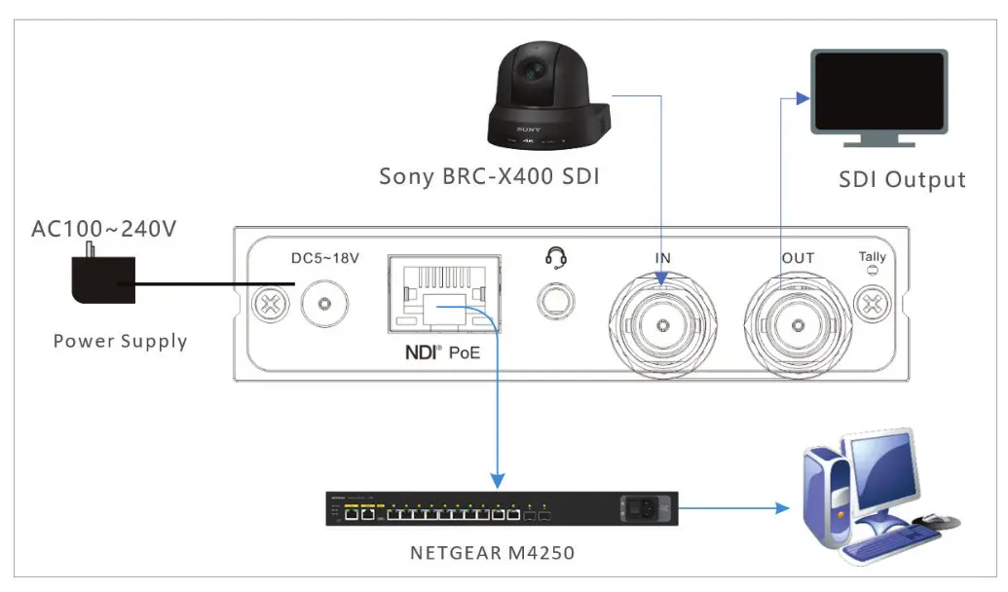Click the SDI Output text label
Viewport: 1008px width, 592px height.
[x=902, y=180]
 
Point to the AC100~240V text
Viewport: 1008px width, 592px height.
[x=103, y=230]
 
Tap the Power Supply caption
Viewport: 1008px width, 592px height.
[x=120, y=341]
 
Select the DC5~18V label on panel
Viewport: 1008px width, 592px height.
[x=326, y=259]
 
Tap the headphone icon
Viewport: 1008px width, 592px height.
[x=556, y=257]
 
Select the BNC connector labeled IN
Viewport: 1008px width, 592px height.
[x=663, y=322]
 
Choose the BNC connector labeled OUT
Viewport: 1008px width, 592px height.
[x=799, y=322]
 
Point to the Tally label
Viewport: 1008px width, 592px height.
[x=872, y=257]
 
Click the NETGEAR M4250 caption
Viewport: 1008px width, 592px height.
[x=492, y=553]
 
